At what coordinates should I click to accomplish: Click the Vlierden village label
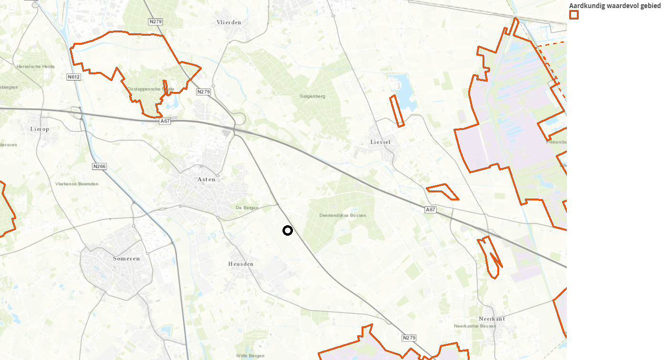coord(229,22)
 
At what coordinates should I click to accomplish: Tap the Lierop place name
coord(40,129)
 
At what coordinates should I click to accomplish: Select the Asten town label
coord(206,180)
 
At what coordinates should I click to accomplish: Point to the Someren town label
coord(126,259)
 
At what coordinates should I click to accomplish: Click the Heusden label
coord(241,264)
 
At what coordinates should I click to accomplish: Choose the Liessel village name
coord(380,142)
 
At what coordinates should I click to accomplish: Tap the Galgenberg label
coord(312,96)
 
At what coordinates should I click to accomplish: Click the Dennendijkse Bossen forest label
coord(342,215)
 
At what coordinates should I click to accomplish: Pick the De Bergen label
coord(247,208)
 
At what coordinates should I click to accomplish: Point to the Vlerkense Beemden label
coord(77,184)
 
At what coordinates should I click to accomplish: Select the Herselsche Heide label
coord(35,67)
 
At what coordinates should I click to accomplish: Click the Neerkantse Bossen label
coord(474,326)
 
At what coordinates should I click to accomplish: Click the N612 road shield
coord(73,77)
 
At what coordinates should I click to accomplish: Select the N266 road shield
coord(100,167)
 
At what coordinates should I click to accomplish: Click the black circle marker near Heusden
coord(288,230)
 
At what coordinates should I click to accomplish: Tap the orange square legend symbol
coord(574,15)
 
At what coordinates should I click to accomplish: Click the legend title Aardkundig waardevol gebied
coord(614,6)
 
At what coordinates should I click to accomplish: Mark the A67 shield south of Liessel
coord(430,210)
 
